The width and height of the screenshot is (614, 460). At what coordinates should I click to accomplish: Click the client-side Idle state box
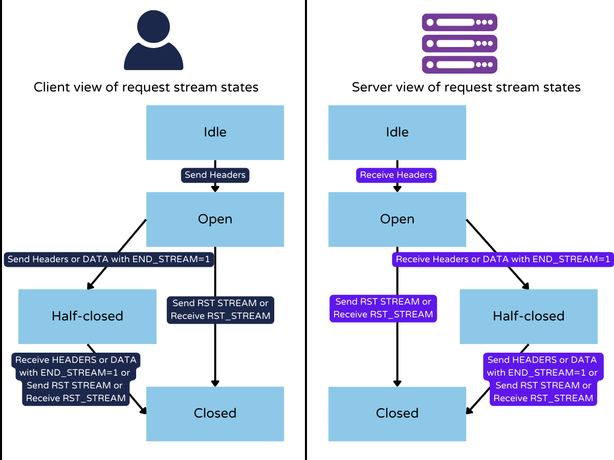coord(215,132)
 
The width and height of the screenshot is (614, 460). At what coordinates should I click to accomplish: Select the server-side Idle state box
coord(397,132)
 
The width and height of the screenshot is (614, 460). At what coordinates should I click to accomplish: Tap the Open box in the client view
coord(215,219)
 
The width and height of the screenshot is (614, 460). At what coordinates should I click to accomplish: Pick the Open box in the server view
coord(397,219)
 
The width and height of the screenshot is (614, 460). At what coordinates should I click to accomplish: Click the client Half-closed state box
coord(87,316)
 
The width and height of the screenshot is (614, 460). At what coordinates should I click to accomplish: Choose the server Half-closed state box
coord(529,316)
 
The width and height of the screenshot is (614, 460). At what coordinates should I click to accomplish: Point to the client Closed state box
coord(215,413)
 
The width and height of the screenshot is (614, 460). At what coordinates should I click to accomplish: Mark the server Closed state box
coord(397,413)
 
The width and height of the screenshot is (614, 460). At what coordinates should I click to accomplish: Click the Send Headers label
coord(215,175)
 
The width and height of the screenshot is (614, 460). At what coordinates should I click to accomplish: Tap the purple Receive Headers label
coord(397,175)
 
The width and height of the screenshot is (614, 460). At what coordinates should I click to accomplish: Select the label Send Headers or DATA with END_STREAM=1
coord(109,259)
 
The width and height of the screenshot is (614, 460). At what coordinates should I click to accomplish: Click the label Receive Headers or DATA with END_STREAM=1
coord(503,259)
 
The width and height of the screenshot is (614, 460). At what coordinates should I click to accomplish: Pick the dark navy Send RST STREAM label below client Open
coord(221,310)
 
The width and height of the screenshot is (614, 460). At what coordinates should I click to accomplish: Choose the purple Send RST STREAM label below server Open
coord(383,308)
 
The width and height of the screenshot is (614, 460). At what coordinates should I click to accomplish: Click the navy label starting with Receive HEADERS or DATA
coord(76,379)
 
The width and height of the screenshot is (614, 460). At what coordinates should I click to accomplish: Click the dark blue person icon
coord(153,41)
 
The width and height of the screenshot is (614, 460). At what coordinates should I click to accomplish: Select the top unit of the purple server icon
coord(459,22)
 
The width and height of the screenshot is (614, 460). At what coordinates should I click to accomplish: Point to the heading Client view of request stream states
coord(146,87)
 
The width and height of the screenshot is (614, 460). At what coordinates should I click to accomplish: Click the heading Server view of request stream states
coord(466,87)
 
